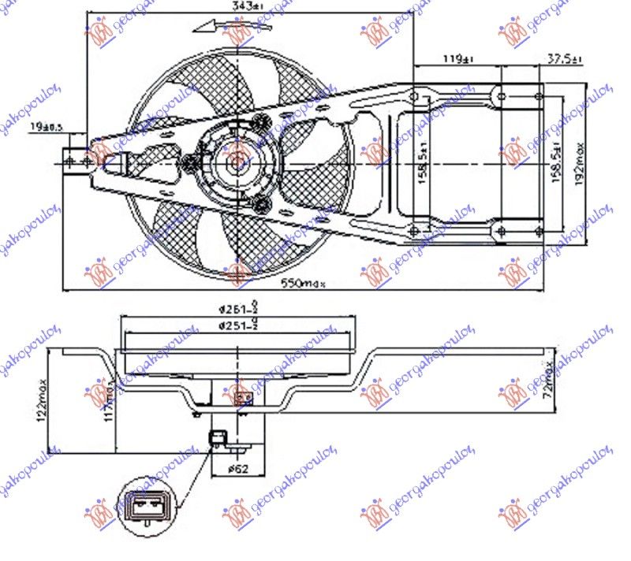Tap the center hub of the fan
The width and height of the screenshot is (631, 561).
(235, 163)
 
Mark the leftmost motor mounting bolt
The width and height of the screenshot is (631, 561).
(190, 163)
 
